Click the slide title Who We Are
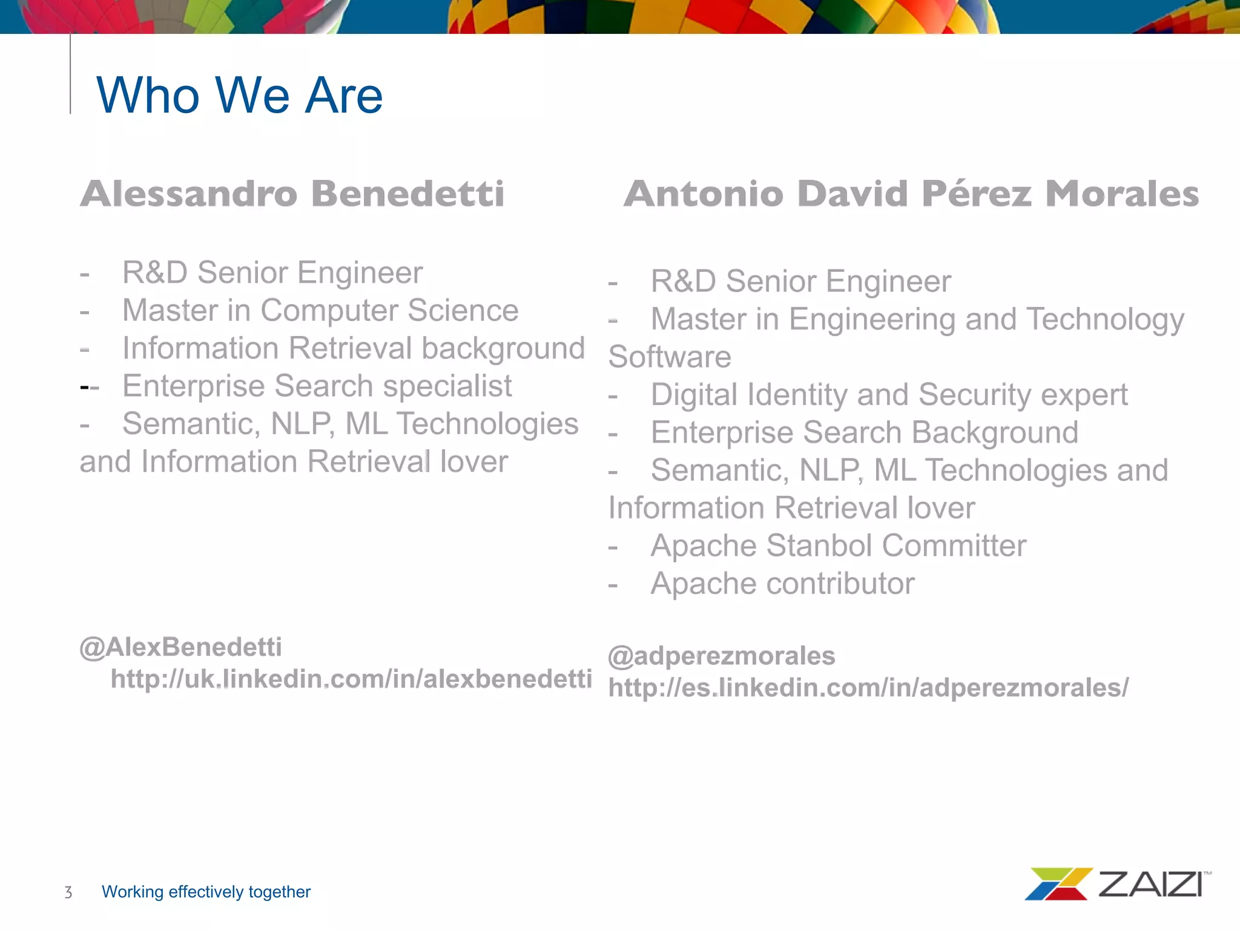(x=239, y=95)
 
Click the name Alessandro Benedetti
(x=292, y=194)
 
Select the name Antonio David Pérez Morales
(x=911, y=194)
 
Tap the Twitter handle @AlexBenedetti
(x=180, y=647)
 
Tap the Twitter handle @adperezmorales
(x=721, y=656)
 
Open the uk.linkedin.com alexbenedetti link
(x=351, y=679)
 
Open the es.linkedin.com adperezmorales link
(x=868, y=688)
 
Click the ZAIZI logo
(x=1118, y=884)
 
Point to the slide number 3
(x=68, y=892)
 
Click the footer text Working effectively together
(x=206, y=892)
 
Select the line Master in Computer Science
(x=320, y=311)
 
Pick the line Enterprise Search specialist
(x=317, y=386)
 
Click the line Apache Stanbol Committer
(x=838, y=546)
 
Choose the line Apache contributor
(x=782, y=584)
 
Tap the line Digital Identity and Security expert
(x=889, y=395)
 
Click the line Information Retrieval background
(x=354, y=348)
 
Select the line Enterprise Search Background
(x=864, y=432)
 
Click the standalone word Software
(x=670, y=357)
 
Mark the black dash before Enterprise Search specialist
(x=84, y=386)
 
